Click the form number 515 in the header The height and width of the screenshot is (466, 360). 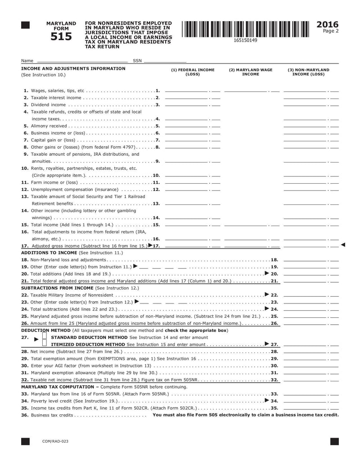click(x=61, y=37)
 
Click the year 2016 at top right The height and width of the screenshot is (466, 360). click(x=328, y=24)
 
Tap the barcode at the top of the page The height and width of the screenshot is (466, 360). click(x=245, y=29)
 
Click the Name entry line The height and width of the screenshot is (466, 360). click(x=81, y=60)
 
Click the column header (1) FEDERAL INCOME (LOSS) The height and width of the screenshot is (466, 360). click(x=193, y=72)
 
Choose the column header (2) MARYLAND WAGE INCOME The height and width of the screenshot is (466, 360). click(x=251, y=72)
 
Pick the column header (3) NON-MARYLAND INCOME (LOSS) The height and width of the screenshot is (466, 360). click(x=308, y=72)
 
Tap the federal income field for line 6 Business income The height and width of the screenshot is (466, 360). click(x=193, y=133)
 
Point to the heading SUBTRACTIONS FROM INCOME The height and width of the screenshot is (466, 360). click(x=57, y=287)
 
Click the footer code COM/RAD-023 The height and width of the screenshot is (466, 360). click(x=55, y=442)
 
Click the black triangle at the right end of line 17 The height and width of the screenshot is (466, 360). click(x=343, y=245)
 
